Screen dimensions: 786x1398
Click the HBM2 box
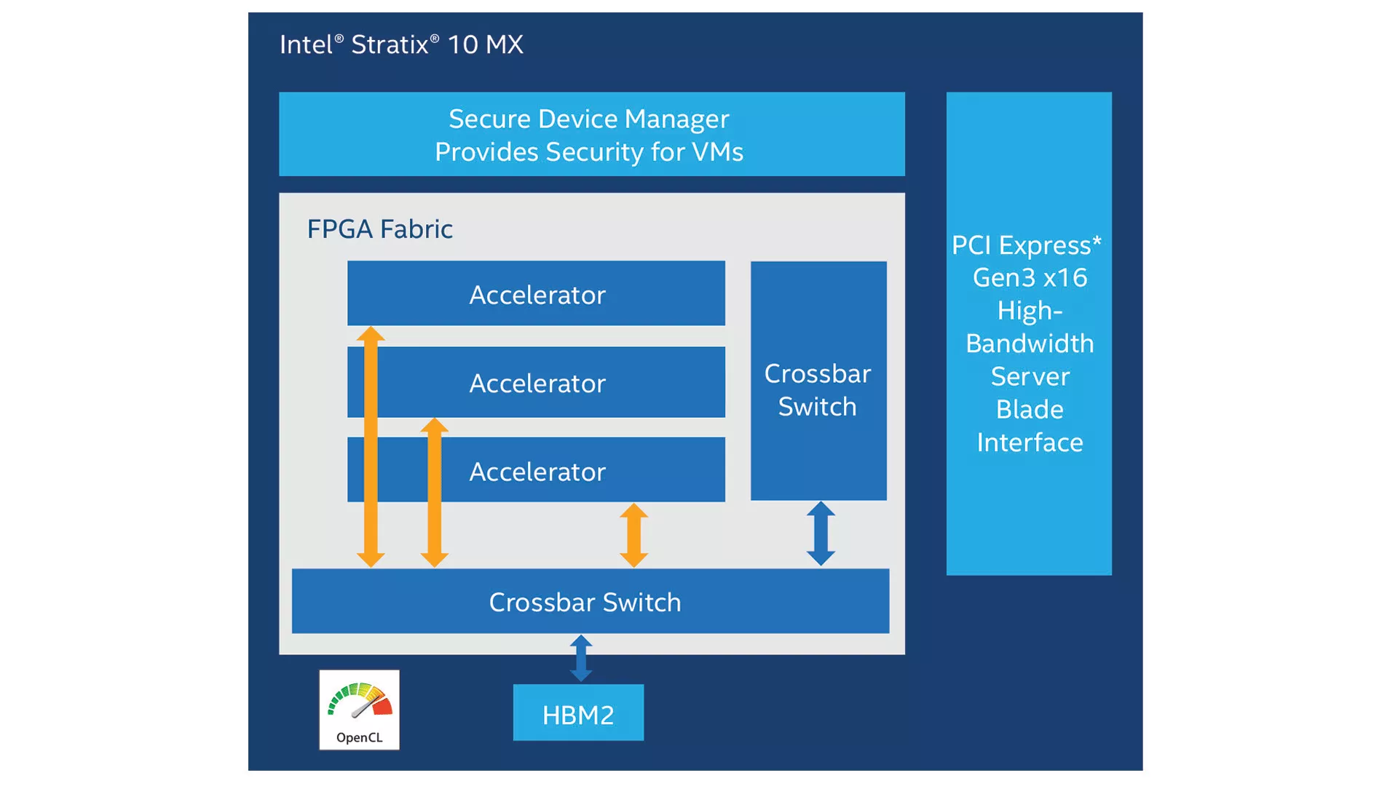(x=578, y=713)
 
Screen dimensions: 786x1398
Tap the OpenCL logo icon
(x=360, y=710)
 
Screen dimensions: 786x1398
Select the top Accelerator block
(x=537, y=293)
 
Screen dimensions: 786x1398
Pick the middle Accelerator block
(x=537, y=383)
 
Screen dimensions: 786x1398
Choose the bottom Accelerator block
(x=537, y=471)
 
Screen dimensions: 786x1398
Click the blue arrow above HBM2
(x=581, y=659)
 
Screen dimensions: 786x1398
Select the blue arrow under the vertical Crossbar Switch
(x=821, y=533)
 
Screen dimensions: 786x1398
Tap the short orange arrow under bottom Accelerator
(x=633, y=535)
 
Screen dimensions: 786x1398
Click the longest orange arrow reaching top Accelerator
(x=371, y=447)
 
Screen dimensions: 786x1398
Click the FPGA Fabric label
(x=379, y=229)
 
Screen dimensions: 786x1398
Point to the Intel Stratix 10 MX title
(x=401, y=44)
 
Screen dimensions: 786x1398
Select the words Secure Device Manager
(x=588, y=119)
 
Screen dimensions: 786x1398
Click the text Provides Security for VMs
(x=588, y=152)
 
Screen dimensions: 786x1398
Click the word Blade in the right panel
(x=1030, y=410)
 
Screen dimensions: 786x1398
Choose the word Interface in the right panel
(x=1030, y=442)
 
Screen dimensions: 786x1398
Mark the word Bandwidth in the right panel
(x=1030, y=344)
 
